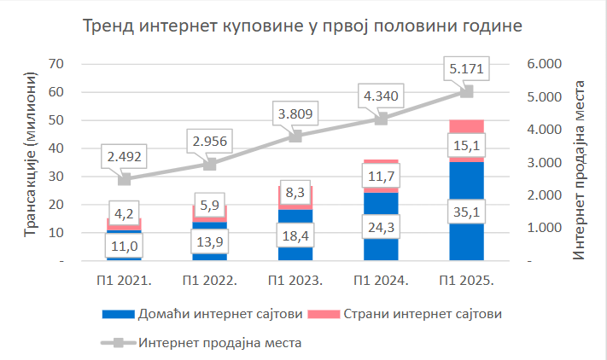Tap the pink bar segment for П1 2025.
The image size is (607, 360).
click(466, 126)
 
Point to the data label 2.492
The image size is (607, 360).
click(125, 156)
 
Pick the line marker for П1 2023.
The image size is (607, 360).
click(295, 136)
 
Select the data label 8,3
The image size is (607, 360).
click(295, 195)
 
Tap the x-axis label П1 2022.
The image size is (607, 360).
click(210, 280)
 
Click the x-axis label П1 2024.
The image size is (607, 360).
click(381, 280)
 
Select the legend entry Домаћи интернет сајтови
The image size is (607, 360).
click(201, 314)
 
